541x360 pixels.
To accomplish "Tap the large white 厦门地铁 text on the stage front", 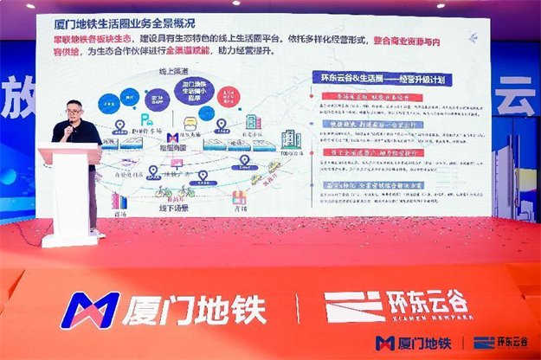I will [x=195, y=311].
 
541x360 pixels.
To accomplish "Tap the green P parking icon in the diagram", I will [x=145, y=119].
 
